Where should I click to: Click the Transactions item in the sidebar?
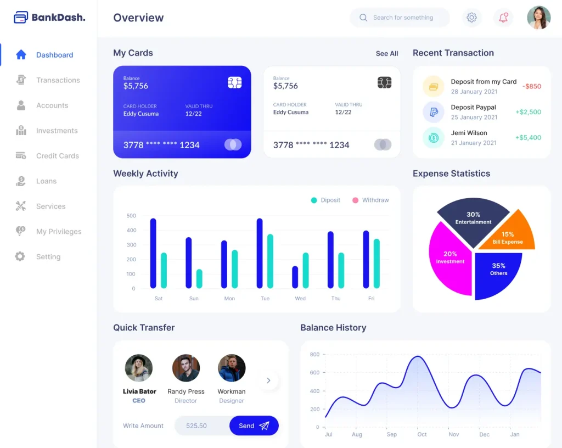[58, 80]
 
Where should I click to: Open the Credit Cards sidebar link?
[57, 156]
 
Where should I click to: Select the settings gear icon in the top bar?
[471, 18]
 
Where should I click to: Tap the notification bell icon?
[503, 18]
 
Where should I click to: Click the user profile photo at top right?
[538, 18]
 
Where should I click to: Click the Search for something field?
[403, 18]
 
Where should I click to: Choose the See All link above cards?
[387, 54]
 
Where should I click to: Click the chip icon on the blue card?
[235, 83]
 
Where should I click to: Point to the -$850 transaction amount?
[531, 86]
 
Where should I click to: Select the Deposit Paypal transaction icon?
[434, 112]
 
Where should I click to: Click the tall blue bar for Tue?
[260, 253]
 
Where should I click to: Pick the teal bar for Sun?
[199, 279]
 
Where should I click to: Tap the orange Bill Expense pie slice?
[508, 234]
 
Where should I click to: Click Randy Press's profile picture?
[186, 368]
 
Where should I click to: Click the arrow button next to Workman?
[268, 380]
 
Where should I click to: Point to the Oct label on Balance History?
[422, 434]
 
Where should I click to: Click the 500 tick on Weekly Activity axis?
[131, 216]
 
